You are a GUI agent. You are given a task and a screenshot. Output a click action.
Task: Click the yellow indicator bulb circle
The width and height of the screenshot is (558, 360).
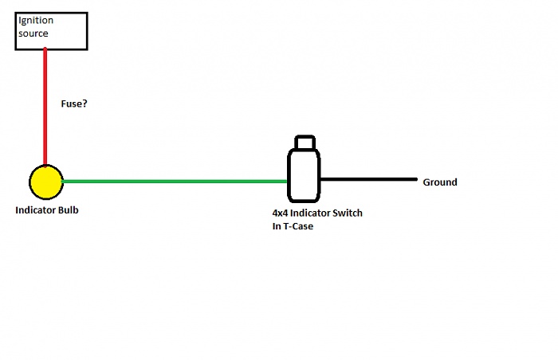tap(46, 182)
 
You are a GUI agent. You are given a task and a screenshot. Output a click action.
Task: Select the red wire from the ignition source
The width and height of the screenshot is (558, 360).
tap(45, 107)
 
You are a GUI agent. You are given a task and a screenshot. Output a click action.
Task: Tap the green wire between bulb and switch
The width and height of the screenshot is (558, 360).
tap(175, 182)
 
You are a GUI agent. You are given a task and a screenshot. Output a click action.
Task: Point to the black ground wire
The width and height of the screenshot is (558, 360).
tap(368, 179)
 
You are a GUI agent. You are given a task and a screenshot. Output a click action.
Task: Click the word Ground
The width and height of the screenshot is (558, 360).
tap(440, 182)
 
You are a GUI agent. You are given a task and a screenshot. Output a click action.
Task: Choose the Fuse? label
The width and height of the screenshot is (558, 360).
tap(74, 104)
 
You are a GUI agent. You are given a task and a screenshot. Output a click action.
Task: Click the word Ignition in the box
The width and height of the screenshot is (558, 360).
tap(36, 21)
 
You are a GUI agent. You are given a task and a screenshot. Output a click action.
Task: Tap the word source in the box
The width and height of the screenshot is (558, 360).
tap(33, 33)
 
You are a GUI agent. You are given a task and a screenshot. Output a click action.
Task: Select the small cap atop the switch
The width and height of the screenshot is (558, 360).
tap(305, 142)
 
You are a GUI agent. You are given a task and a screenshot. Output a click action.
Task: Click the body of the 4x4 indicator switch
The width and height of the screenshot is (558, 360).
tap(304, 175)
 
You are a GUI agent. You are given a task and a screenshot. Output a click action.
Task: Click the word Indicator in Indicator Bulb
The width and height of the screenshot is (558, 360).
tap(37, 210)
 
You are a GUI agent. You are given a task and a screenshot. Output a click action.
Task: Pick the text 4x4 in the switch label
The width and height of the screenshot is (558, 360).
tap(280, 213)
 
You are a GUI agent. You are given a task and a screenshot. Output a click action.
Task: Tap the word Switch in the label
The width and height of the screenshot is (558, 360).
tap(348, 213)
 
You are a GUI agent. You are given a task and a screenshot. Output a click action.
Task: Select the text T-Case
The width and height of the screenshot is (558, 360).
tap(298, 226)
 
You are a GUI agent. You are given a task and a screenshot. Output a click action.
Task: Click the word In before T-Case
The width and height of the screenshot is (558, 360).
tap(277, 226)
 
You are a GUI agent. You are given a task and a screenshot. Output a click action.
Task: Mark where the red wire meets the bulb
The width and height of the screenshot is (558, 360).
tap(45, 166)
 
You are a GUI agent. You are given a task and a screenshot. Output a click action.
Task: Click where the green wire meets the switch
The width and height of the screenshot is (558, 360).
tap(288, 182)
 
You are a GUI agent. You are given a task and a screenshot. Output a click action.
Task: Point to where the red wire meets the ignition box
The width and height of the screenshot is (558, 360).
tap(45, 49)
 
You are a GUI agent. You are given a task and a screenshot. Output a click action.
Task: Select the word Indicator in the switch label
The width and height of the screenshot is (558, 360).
tap(310, 213)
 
